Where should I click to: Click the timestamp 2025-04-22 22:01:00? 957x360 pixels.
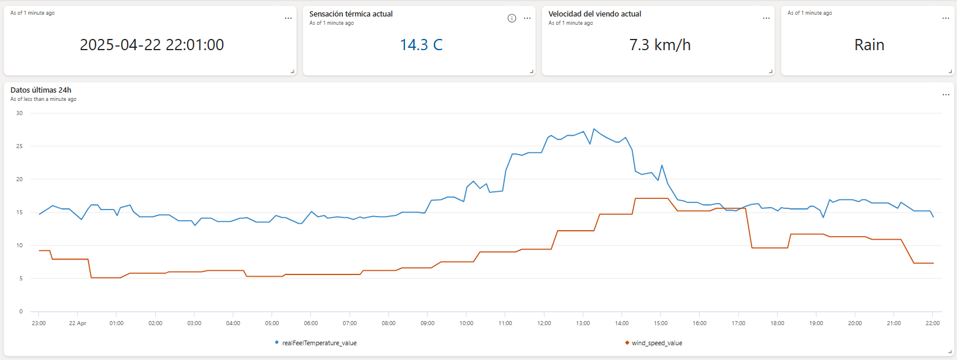[x=152, y=45]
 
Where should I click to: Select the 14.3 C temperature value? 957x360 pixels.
[x=421, y=45]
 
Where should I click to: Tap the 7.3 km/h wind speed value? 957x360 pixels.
[x=659, y=45]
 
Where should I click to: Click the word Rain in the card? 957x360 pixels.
[x=869, y=45]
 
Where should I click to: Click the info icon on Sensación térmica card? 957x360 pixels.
[x=512, y=18]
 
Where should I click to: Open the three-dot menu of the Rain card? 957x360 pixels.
[x=945, y=18]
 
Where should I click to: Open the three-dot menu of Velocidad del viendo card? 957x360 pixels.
[x=766, y=18]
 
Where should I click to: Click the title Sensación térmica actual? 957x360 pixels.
[x=351, y=14]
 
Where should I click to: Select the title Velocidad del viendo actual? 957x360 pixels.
[x=595, y=14]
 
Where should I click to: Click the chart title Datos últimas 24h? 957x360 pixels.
[x=41, y=90]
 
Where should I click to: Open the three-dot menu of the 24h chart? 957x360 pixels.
[x=945, y=94]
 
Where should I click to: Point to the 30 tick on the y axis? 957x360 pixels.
[x=19, y=113]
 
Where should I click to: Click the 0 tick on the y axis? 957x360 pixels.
[x=21, y=312]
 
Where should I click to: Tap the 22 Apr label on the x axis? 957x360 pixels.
[x=77, y=323]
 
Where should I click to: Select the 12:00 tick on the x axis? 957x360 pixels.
[x=544, y=323]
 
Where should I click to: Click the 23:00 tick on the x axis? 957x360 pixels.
[x=38, y=323]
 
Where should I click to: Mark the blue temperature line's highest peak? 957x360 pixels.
[x=594, y=129]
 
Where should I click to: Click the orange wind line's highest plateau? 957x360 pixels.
[x=651, y=198]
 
